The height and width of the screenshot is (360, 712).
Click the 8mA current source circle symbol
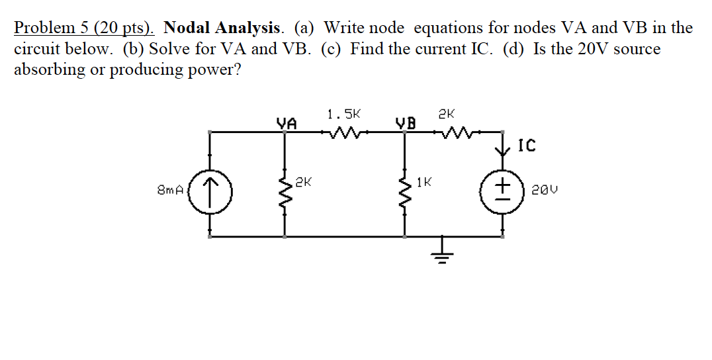coord(210,191)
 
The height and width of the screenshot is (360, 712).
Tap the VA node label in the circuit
coord(286,122)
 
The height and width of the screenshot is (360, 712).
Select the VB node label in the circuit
coord(406,122)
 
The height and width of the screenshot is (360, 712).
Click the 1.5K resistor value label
coord(344,113)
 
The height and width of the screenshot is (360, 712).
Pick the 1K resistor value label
coord(424,181)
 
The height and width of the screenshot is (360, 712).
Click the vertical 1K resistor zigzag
coord(404,192)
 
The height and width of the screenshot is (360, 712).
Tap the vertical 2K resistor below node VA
coord(286,192)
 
